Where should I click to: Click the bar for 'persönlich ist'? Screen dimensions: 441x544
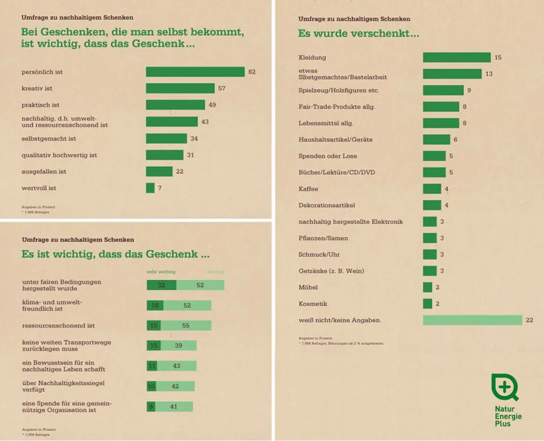(x=195, y=72)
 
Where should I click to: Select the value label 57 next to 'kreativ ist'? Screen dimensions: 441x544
(x=222, y=88)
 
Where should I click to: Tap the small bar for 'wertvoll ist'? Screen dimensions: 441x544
(x=150, y=188)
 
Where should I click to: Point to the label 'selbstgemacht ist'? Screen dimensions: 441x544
(x=49, y=139)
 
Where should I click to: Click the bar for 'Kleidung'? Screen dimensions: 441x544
(x=457, y=57)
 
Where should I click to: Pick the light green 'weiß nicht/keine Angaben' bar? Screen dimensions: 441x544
(x=472, y=320)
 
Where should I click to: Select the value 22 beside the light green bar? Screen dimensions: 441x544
(x=529, y=320)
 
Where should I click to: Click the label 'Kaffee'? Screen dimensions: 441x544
(x=308, y=189)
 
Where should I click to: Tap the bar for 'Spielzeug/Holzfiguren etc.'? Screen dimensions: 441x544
(x=443, y=90)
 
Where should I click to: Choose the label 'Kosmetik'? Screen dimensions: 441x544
(x=313, y=304)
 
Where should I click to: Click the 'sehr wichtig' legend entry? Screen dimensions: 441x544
(x=161, y=271)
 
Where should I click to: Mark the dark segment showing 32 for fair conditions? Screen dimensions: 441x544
(x=161, y=285)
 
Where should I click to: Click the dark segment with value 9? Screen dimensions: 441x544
(x=151, y=407)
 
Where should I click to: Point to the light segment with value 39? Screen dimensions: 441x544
(x=179, y=345)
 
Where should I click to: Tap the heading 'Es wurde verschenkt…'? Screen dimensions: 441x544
(x=358, y=34)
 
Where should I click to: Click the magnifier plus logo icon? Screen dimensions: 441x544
(x=504, y=388)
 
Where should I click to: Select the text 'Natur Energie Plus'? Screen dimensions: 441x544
(x=508, y=416)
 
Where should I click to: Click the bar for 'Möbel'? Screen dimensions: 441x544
(x=427, y=287)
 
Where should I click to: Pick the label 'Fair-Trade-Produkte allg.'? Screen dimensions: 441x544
(x=337, y=107)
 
